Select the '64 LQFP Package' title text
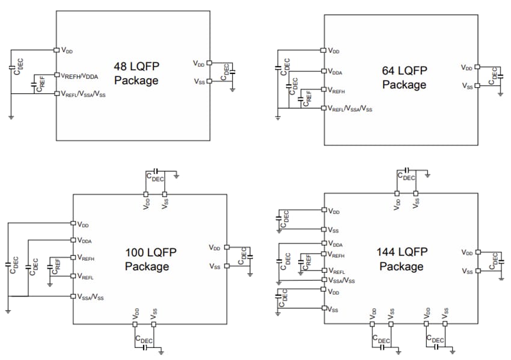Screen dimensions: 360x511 coord(404,78)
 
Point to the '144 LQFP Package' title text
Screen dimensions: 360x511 coord(402,259)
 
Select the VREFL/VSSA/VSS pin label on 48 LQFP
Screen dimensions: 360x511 coord(83,94)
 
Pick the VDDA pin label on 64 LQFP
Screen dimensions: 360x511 coord(335,72)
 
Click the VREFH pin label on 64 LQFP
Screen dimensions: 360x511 coord(337,91)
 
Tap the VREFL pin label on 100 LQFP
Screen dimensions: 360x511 coord(85,276)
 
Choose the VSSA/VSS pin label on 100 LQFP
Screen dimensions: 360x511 coord(90,297)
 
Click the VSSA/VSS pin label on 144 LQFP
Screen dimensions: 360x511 coord(341,281)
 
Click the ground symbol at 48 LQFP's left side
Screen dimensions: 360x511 coord(11,117)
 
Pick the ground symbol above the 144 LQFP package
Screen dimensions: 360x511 coord(426,176)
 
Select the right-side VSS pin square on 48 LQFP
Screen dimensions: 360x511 coord(209,82)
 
